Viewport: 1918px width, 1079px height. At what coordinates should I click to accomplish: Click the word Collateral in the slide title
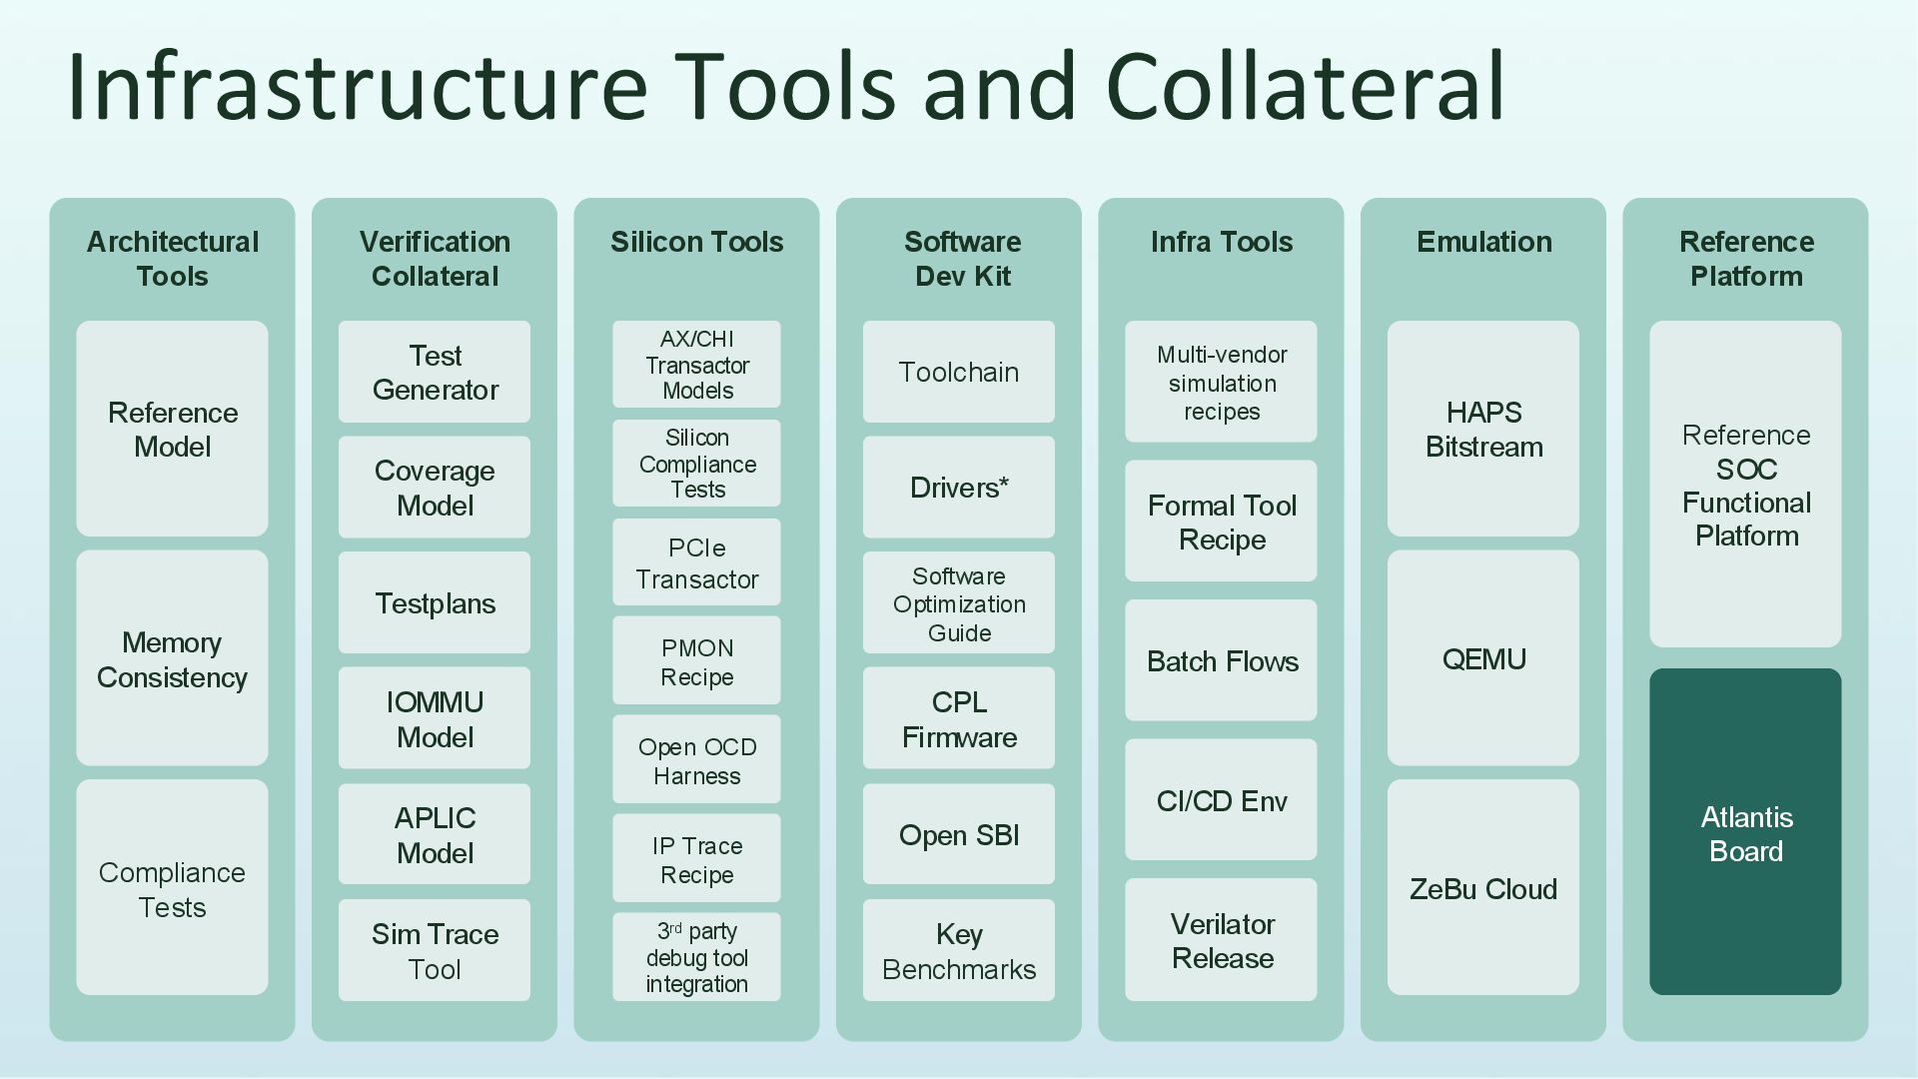[1304, 86]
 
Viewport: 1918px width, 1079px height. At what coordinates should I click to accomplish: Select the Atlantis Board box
[1745, 832]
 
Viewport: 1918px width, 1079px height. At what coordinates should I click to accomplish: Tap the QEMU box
[1483, 658]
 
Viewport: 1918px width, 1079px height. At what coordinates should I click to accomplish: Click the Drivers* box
[959, 488]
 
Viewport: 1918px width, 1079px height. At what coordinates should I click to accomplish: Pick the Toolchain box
[959, 372]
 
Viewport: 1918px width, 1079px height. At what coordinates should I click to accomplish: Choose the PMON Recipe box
[696, 661]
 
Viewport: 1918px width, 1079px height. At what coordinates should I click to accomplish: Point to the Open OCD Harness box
[696, 760]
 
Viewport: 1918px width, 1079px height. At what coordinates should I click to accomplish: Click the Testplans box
[435, 602]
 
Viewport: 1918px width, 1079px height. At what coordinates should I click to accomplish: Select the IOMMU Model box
[435, 718]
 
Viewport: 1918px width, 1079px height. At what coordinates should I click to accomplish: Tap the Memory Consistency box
[172, 658]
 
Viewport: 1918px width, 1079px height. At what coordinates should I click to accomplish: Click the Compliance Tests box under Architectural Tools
[172, 888]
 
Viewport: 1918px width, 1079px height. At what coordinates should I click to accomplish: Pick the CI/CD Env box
[1221, 800]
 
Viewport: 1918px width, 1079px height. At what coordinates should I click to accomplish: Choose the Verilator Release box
[1221, 940]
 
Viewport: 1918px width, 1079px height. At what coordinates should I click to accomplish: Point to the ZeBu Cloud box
[1483, 888]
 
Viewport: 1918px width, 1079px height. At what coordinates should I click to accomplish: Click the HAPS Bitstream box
[1483, 429]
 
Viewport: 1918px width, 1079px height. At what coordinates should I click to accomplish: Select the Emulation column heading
[1483, 242]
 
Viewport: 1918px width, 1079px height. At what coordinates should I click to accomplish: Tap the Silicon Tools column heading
[696, 242]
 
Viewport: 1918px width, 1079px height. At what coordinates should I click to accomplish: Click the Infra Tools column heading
[1221, 242]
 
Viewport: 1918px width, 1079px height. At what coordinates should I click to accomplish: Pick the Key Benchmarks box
[959, 950]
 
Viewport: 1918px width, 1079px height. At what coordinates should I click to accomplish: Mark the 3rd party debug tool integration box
[696, 957]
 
